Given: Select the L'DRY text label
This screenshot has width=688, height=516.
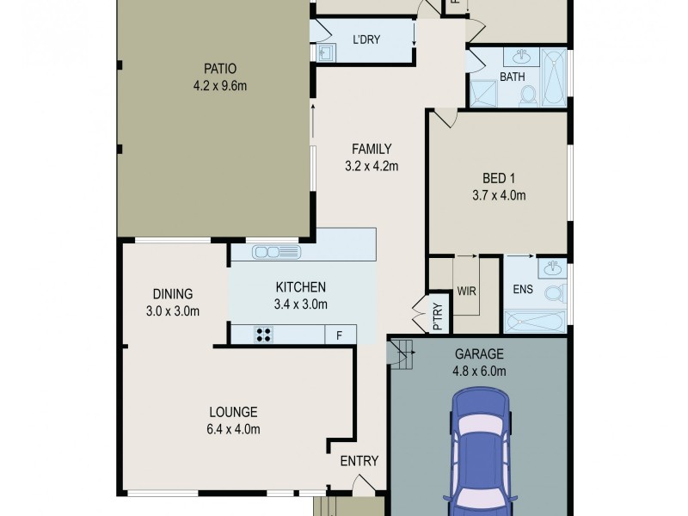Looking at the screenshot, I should point(366,40).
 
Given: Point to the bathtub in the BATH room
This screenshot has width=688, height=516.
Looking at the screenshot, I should point(555,78).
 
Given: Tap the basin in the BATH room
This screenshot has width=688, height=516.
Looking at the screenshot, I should point(522,58).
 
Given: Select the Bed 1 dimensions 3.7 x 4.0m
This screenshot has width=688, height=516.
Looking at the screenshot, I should point(499,195).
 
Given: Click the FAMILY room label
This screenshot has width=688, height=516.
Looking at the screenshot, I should point(370,149).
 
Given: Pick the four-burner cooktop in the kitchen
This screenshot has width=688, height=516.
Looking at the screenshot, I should point(263,335).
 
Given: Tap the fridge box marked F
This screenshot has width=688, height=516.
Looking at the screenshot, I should point(340,335).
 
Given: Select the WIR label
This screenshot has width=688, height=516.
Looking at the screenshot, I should point(467,290).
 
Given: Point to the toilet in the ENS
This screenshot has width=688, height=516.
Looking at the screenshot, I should point(554,294).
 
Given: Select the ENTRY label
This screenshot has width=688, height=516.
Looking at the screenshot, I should point(359,461).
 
